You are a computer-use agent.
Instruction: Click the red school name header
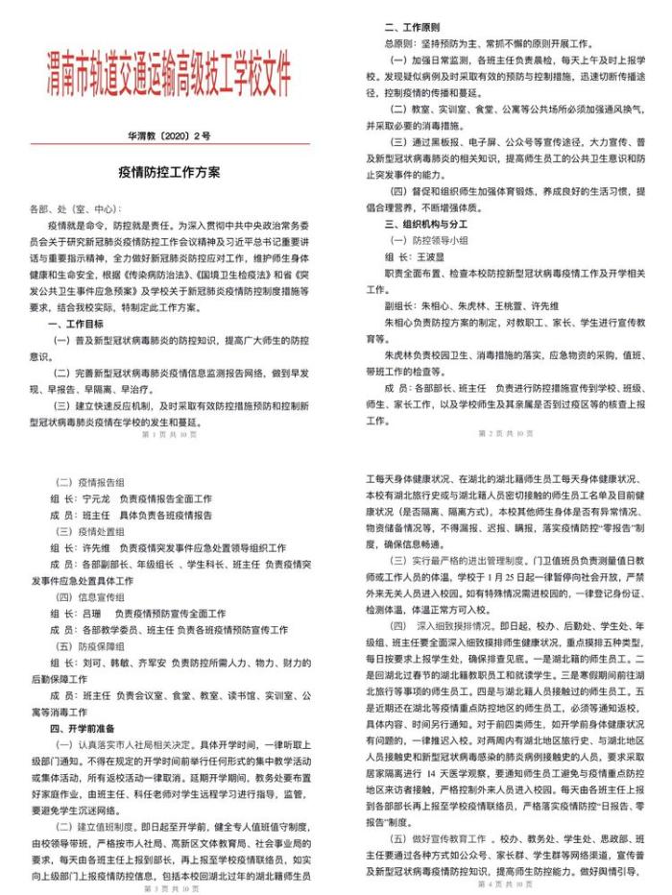coord(169,76)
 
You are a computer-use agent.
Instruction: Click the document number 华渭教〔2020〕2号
coord(169,138)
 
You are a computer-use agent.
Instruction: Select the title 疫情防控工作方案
coord(169,173)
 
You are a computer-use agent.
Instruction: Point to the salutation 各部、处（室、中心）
coord(79,207)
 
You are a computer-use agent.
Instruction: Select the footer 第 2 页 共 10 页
coord(505,433)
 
